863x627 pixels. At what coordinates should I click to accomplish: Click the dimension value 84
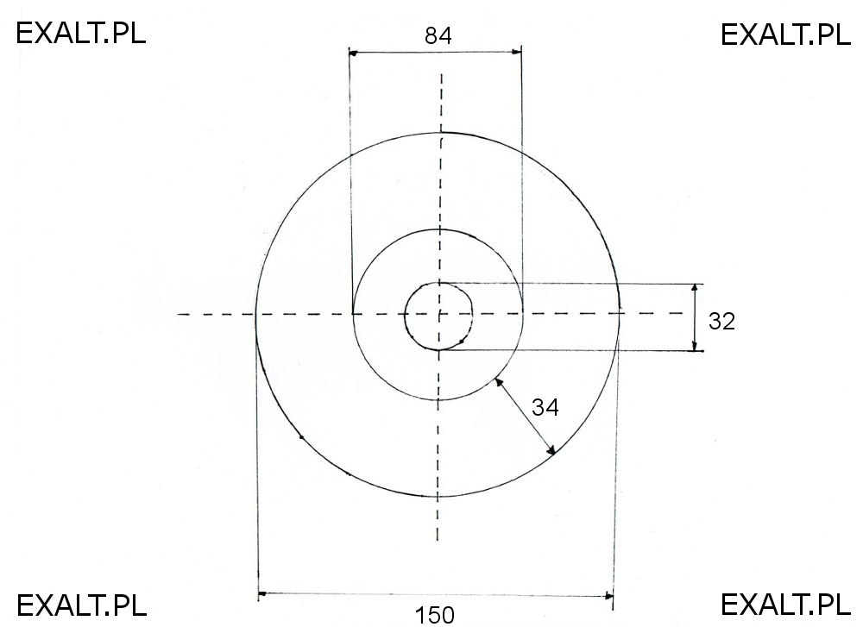(438, 35)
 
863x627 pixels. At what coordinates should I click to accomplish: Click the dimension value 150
(434, 615)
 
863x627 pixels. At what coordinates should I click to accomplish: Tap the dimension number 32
(721, 321)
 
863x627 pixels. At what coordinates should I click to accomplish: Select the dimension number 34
(545, 407)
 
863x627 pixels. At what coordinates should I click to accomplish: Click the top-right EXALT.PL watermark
(785, 34)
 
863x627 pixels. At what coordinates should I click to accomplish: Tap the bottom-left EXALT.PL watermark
(81, 605)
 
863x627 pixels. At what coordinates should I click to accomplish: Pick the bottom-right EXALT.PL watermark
(785, 605)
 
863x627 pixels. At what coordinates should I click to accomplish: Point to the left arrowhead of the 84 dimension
(353, 53)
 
